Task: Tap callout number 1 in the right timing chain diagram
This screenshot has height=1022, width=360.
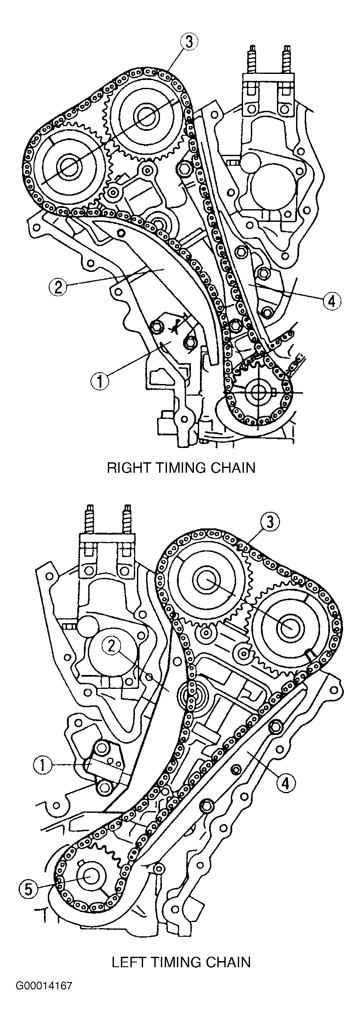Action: click(100, 381)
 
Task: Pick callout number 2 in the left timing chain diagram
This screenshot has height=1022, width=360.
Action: click(111, 647)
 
